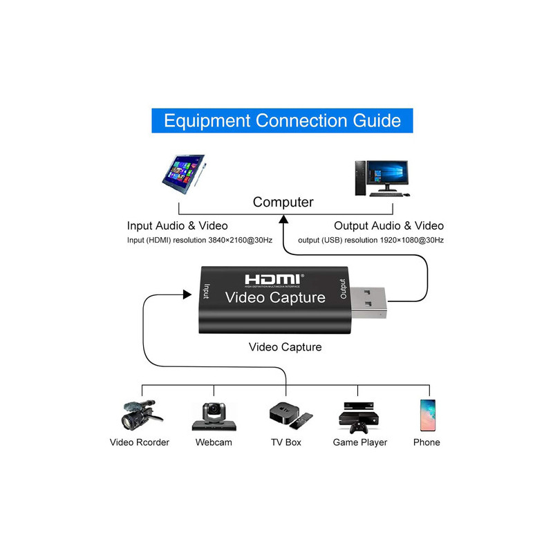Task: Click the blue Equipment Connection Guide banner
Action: point(282,120)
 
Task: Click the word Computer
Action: point(283,203)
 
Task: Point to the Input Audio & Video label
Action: point(177,226)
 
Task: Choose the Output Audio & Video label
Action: point(388,226)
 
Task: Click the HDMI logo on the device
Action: point(274,279)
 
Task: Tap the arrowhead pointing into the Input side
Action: point(187,294)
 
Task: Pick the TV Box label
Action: point(285,442)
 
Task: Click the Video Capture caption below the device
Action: point(285,347)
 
